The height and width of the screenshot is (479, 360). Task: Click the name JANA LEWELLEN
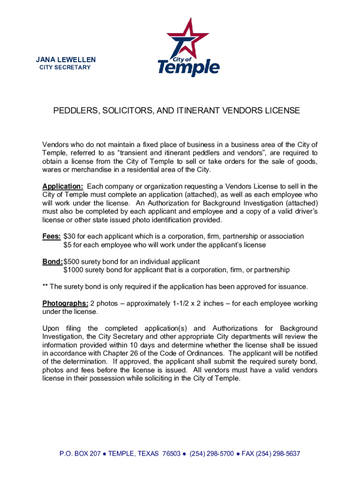(66, 59)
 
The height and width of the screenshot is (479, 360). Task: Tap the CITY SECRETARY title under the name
(65, 68)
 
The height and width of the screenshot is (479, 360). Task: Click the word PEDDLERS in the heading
(74, 111)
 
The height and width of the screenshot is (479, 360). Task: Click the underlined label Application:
(63, 187)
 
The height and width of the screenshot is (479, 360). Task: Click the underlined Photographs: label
(65, 304)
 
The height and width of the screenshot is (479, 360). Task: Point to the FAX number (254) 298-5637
(276, 454)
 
